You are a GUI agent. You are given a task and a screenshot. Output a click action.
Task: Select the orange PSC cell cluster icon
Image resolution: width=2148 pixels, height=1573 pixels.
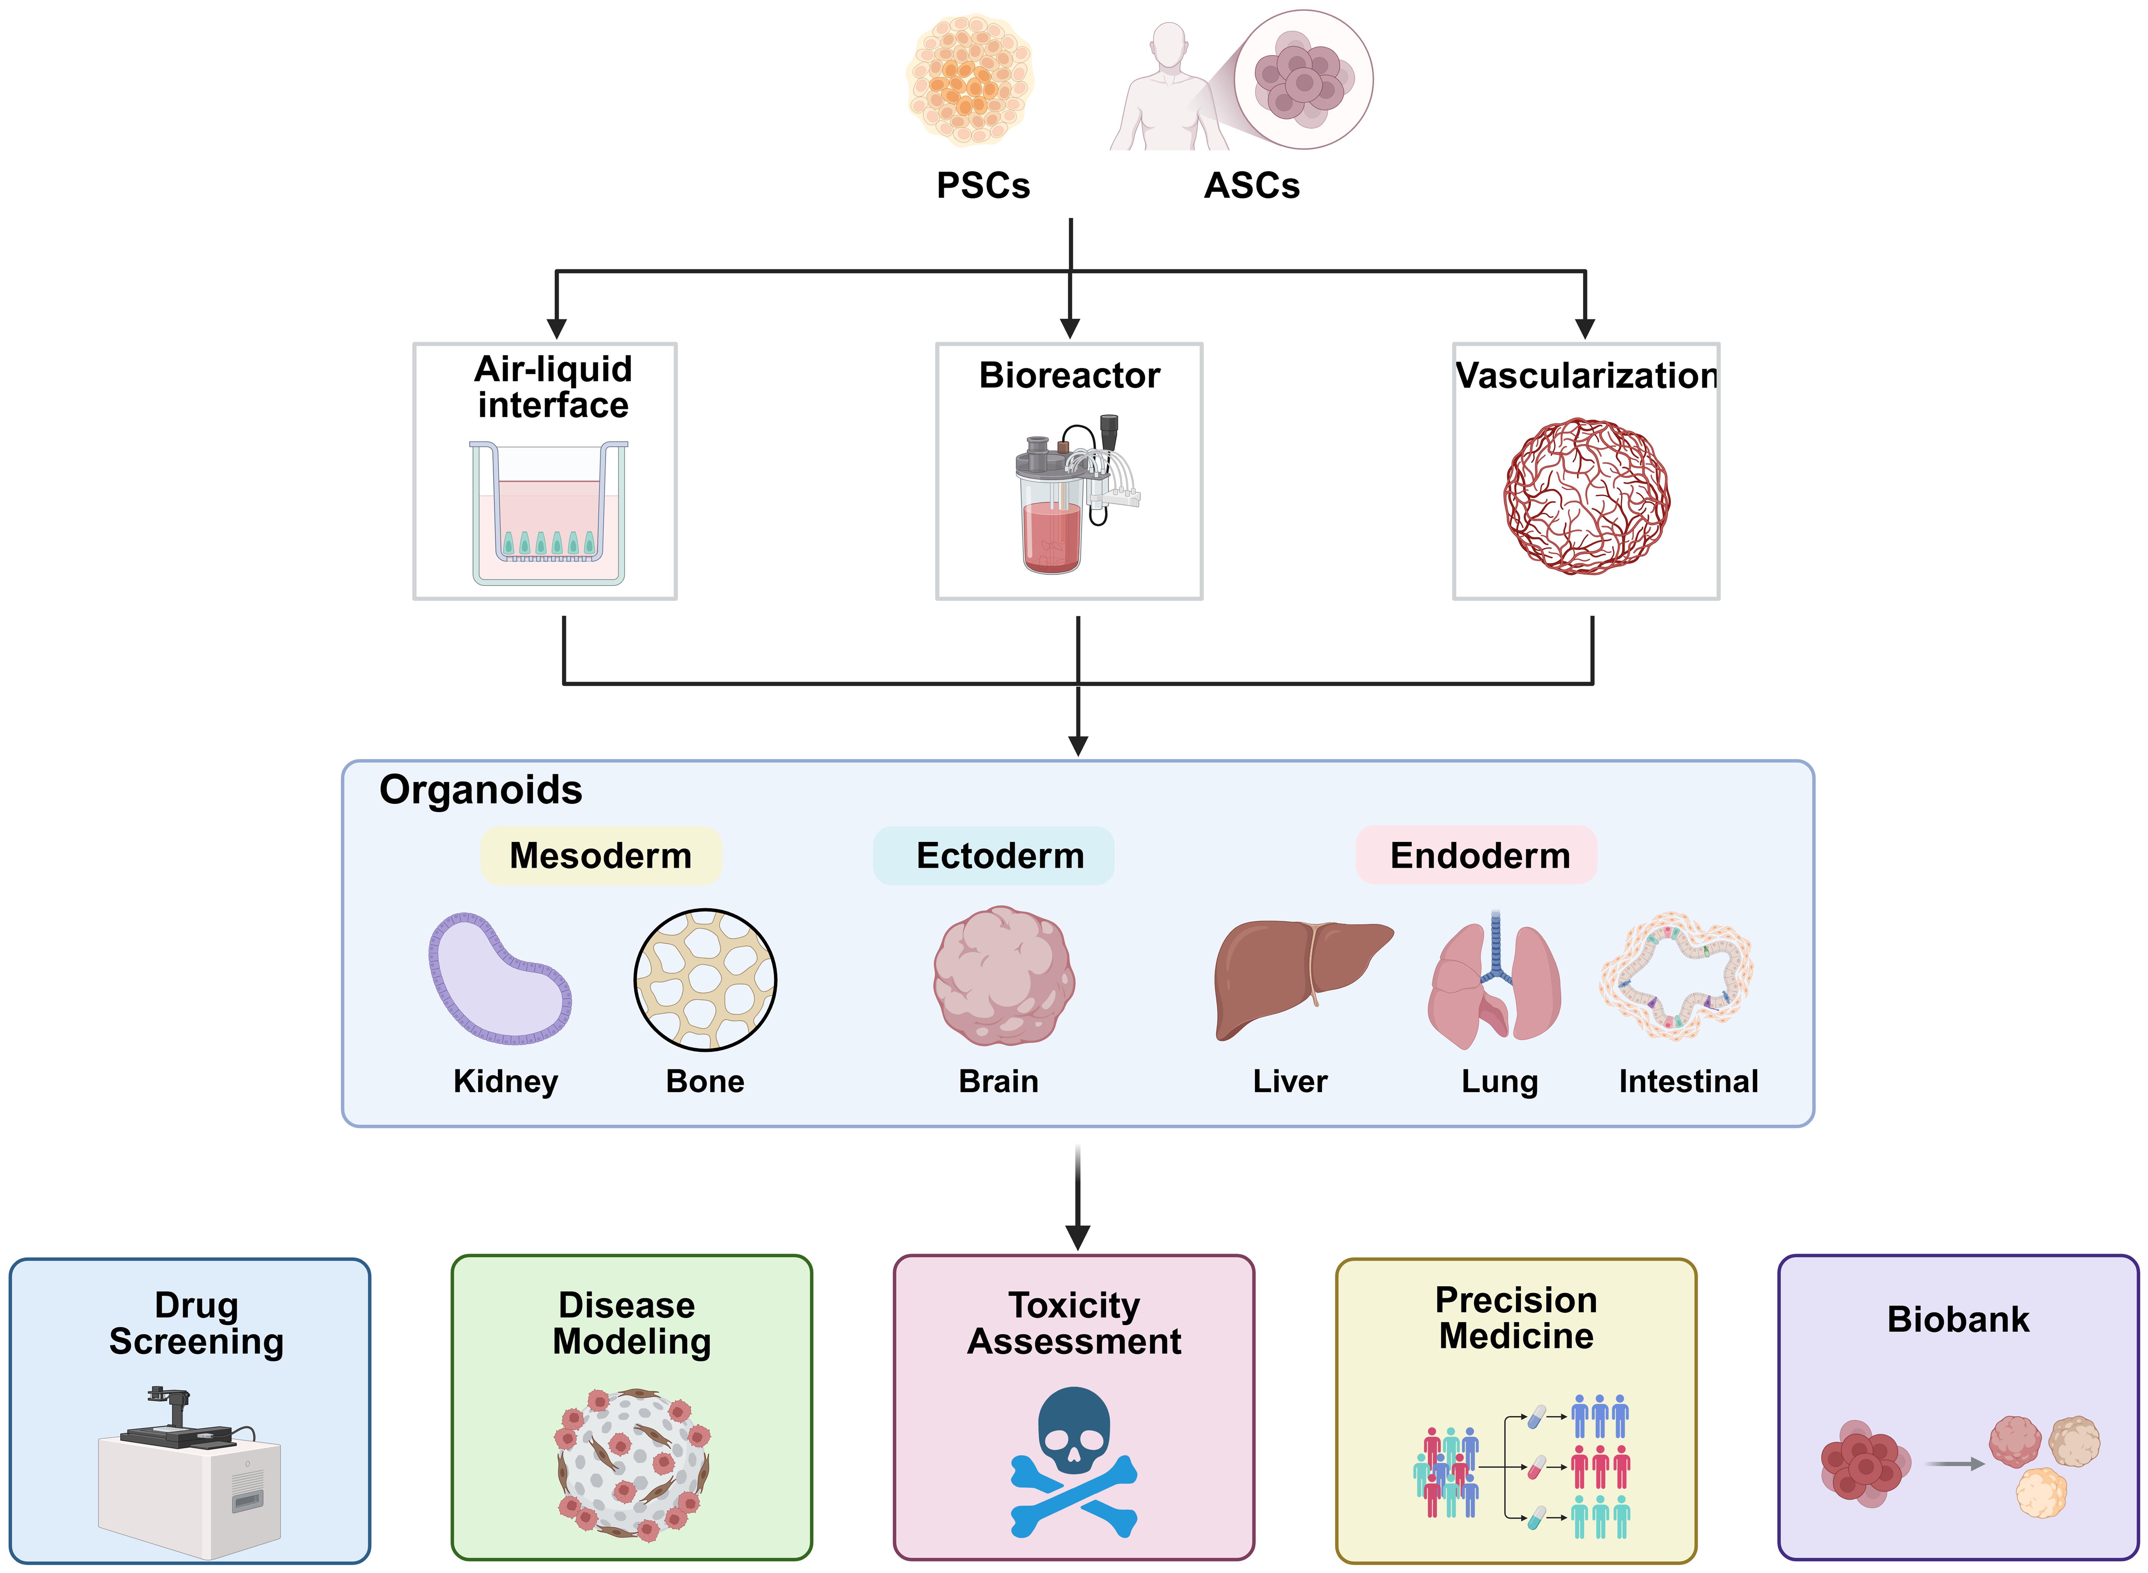969,80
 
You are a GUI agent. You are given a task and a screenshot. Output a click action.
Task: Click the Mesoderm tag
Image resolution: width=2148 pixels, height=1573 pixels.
601,855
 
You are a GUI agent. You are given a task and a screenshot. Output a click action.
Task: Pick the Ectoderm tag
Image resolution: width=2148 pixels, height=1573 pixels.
1000,855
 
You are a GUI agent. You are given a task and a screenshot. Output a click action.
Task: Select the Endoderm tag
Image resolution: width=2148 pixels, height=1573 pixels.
1480,855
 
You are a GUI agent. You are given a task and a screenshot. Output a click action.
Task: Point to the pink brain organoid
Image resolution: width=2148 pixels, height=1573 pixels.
1003,976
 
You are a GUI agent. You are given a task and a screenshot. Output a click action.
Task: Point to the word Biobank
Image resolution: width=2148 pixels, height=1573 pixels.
1957,1319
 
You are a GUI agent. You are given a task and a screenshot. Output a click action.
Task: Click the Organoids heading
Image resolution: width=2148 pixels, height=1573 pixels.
481,789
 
